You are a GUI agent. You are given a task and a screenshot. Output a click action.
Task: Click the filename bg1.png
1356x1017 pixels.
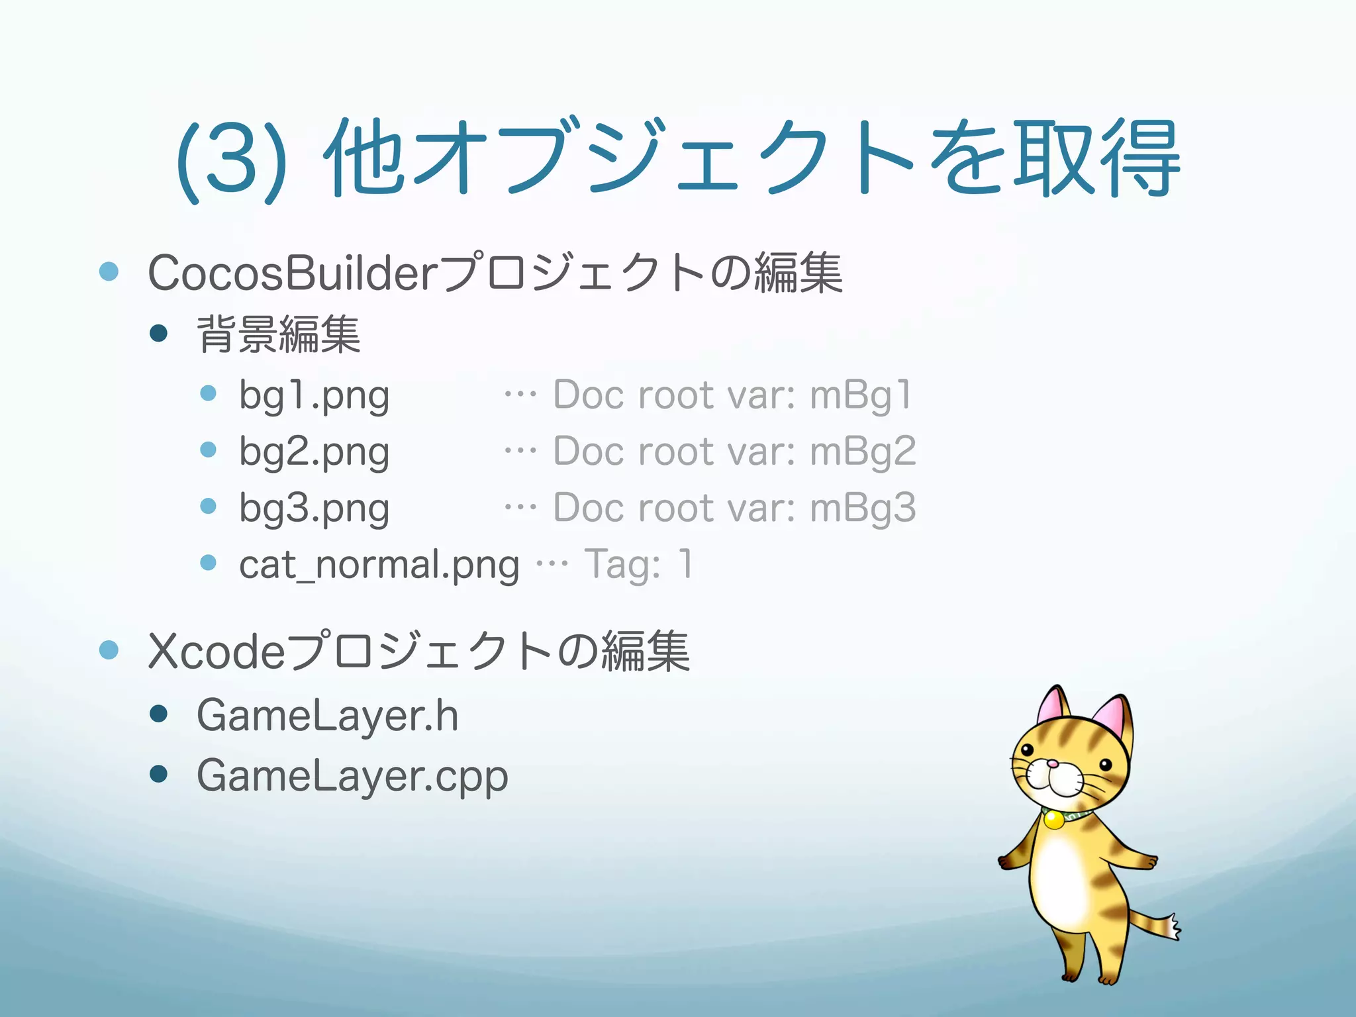(314, 396)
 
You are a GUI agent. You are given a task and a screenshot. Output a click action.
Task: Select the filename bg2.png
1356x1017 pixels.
(314, 452)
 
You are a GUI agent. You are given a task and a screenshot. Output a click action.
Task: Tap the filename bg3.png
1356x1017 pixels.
(314, 508)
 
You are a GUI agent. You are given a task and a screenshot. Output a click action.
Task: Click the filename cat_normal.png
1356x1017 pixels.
(379, 565)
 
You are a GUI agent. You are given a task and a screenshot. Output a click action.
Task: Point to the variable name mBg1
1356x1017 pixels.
(860, 395)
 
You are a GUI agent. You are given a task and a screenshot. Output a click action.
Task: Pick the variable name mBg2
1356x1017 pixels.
(862, 452)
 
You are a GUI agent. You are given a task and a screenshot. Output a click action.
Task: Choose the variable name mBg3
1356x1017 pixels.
(862, 508)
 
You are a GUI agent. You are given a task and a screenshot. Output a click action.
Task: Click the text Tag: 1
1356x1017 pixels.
(638, 565)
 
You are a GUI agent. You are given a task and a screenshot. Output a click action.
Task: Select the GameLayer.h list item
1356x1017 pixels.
(327, 716)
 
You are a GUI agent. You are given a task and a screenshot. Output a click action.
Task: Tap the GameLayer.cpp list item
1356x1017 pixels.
(352, 775)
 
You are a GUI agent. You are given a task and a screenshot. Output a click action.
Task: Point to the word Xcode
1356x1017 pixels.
(216, 652)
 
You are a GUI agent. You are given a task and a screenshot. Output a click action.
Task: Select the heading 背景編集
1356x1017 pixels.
(279, 334)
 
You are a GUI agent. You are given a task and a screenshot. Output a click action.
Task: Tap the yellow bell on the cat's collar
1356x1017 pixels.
(1053, 820)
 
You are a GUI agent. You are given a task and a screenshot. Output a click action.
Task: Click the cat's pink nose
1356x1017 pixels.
(1052, 764)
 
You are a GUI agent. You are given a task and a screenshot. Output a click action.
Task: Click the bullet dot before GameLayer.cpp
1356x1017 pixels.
(159, 773)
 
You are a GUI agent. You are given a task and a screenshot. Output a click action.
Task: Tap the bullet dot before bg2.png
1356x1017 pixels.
(209, 450)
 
